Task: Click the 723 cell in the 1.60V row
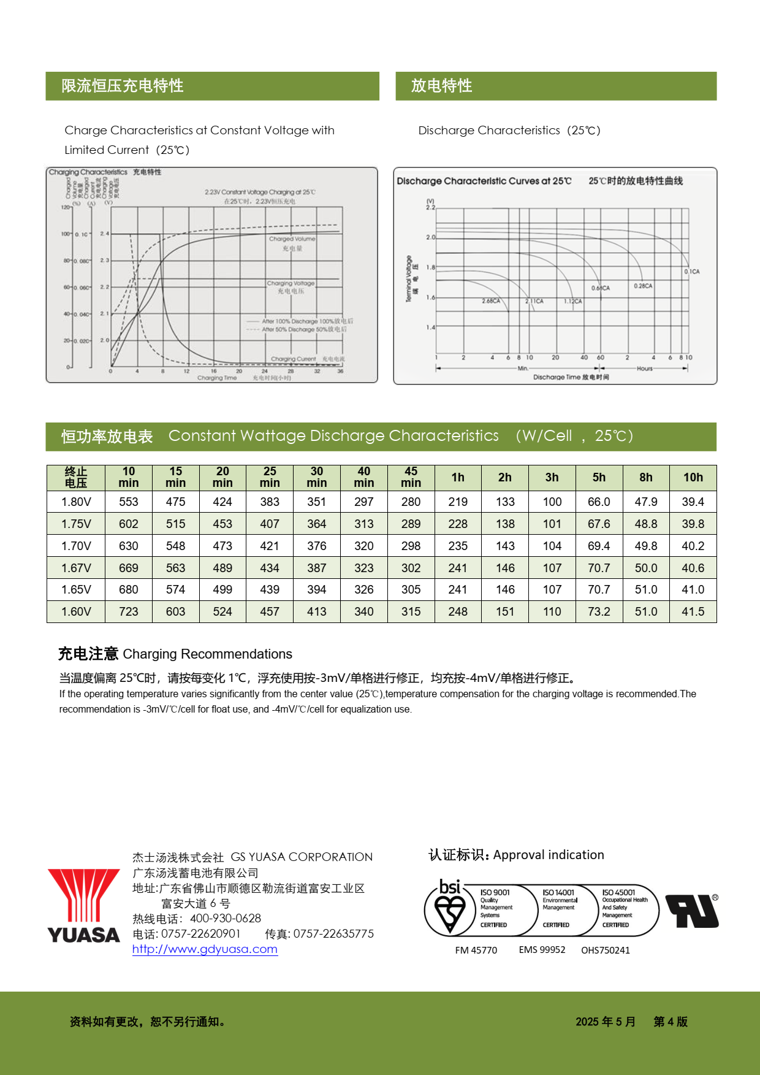pyautogui.click(x=129, y=611)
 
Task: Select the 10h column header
pyautogui.click(x=693, y=477)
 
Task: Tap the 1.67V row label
pyautogui.click(x=76, y=568)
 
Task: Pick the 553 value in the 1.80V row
pyautogui.click(x=129, y=502)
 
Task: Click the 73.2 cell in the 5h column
pyautogui.click(x=599, y=611)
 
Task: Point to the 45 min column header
pyautogui.click(x=411, y=477)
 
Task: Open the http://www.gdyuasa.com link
pyautogui.click(x=205, y=949)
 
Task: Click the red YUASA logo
pyautogui.click(x=84, y=905)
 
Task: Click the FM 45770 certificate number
pyautogui.click(x=476, y=951)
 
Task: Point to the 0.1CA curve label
pyautogui.click(x=692, y=272)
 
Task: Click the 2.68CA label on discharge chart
pyautogui.click(x=491, y=301)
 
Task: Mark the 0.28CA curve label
pyautogui.click(x=643, y=286)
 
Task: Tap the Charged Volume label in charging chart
pyautogui.click(x=292, y=239)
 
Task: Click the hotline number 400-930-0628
pyautogui.click(x=226, y=918)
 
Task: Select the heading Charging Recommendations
pyautogui.click(x=207, y=654)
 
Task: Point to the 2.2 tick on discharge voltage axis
pyautogui.click(x=431, y=207)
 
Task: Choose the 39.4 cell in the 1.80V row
pyautogui.click(x=693, y=502)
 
